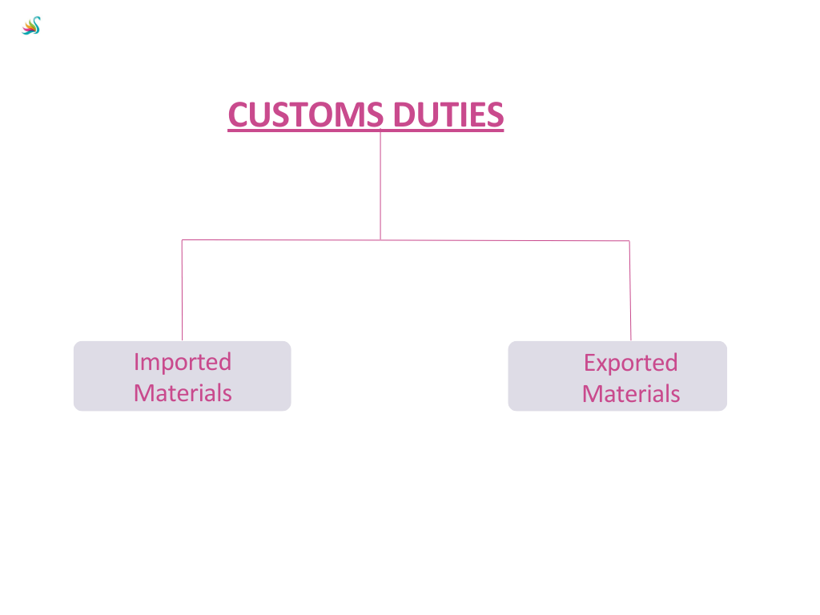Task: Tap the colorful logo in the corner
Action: coord(31,26)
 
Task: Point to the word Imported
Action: coord(183,362)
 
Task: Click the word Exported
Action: coord(630,363)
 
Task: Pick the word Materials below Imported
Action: coord(183,393)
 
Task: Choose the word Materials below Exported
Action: coord(631,394)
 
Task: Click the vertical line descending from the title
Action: coord(380,184)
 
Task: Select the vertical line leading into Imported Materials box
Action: coord(182,290)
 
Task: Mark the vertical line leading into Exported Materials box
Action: coord(630,290)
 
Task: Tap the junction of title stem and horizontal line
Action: coord(380,239)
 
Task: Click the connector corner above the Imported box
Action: coord(182,239)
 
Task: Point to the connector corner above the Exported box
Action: coord(629,240)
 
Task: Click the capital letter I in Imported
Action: coord(137,362)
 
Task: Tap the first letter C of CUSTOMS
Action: coord(238,115)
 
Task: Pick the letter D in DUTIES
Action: coord(404,115)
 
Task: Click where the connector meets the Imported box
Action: coord(182,341)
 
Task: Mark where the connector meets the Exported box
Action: coord(631,341)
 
